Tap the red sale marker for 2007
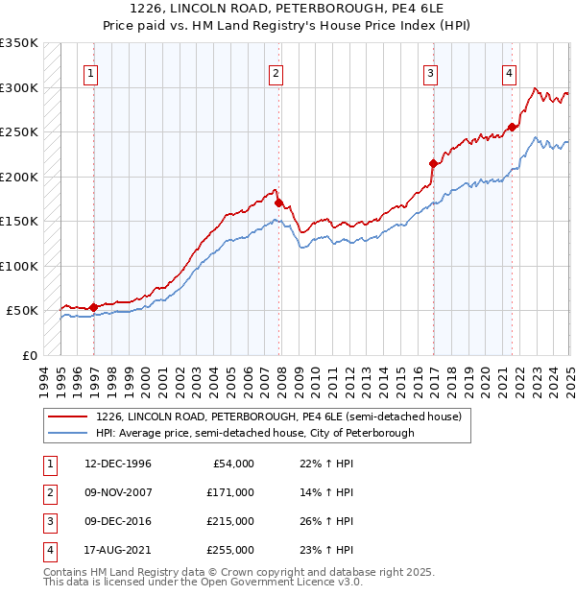[x=278, y=202]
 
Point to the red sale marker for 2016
[x=433, y=163]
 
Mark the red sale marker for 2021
[x=513, y=127]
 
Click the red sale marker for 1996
[x=93, y=307]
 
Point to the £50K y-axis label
[x=23, y=311]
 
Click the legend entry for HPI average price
[x=254, y=433]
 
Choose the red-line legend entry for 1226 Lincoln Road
[x=278, y=416]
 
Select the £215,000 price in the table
[x=229, y=521]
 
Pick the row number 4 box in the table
[x=47, y=550]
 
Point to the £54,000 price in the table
[x=232, y=464]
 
